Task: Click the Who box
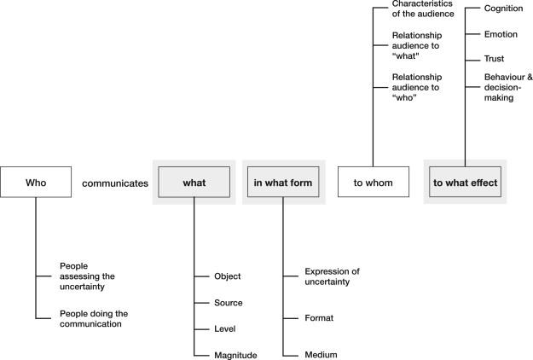(x=35, y=182)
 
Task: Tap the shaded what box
(x=194, y=182)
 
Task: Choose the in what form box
(x=283, y=182)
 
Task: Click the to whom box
(x=373, y=182)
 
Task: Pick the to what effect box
(x=465, y=182)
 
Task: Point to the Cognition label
(x=502, y=8)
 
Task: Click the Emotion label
(x=501, y=34)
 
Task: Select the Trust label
(x=495, y=60)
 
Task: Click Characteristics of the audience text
(x=423, y=9)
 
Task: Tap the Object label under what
(x=228, y=276)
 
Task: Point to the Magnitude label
(x=235, y=355)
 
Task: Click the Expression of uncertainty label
(x=332, y=276)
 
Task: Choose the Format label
(x=319, y=317)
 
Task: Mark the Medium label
(x=320, y=355)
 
